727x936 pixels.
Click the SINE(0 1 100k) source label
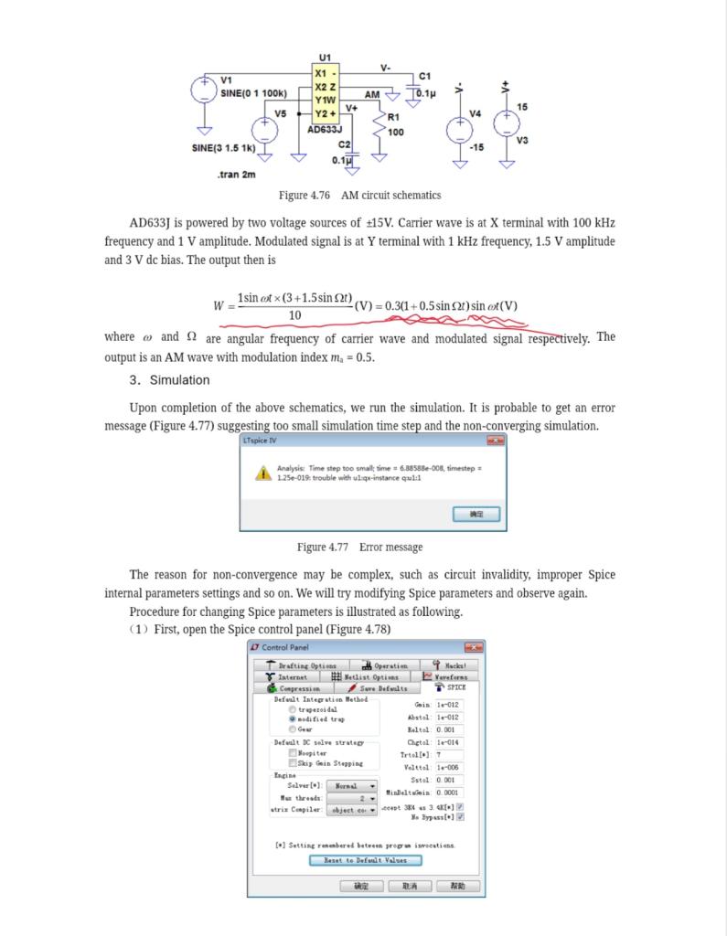(x=254, y=92)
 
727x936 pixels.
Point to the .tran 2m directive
(x=237, y=174)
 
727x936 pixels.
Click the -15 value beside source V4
(x=476, y=146)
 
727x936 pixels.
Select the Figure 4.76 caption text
(x=359, y=196)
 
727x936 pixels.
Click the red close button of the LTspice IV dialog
(x=495, y=441)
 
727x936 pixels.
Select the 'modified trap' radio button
(x=293, y=719)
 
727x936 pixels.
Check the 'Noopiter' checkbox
(x=293, y=752)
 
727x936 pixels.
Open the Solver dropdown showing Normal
(x=351, y=785)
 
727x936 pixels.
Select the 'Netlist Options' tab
(x=365, y=677)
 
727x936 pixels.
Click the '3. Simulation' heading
(x=169, y=380)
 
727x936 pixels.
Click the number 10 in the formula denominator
(x=294, y=315)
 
